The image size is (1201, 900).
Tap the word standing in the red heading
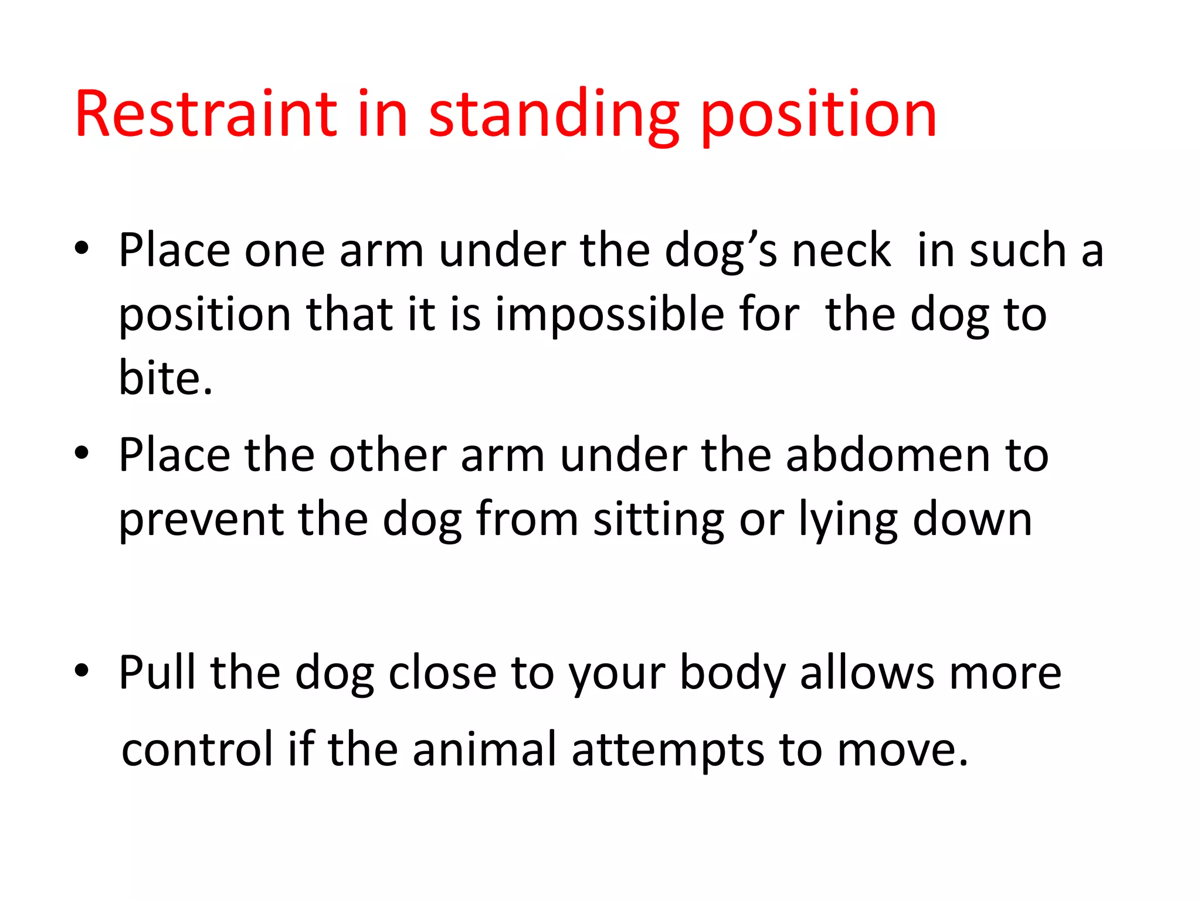pyautogui.click(x=554, y=115)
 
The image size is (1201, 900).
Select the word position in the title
pyautogui.click(x=819, y=115)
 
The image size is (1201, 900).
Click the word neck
pyautogui.click(x=842, y=250)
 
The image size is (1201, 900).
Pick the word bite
pyautogui.click(x=165, y=377)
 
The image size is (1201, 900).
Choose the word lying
pyautogui.click(x=848, y=520)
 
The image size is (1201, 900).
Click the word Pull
pyautogui.click(x=157, y=673)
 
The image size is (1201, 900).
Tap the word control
pyautogui.click(x=197, y=749)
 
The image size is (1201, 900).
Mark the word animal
pyautogui.click(x=484, y=749)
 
